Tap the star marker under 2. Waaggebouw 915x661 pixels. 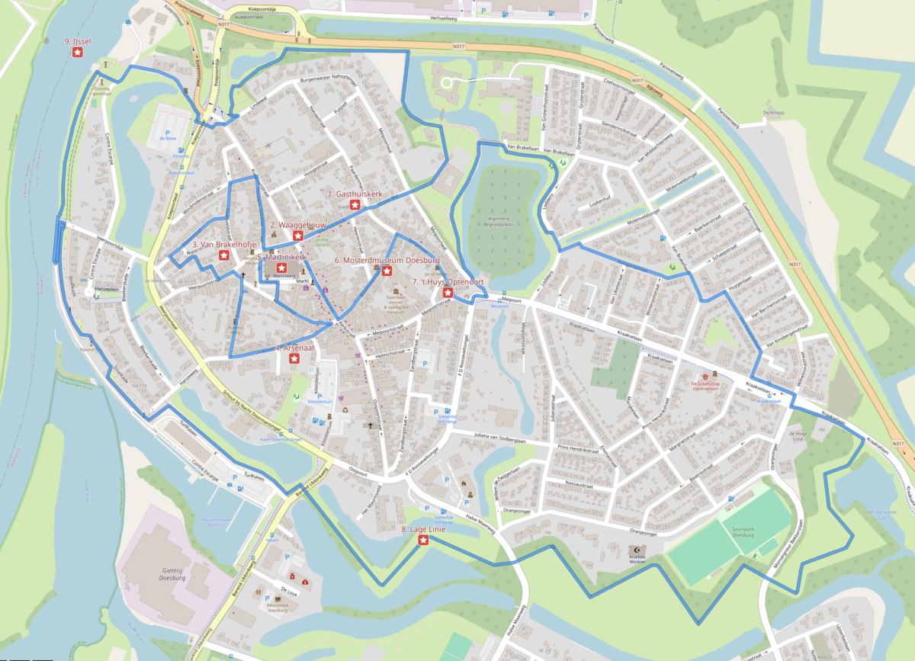(298, 236)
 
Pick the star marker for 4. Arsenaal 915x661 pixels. (294, 359)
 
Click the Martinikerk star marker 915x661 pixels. (281, 268)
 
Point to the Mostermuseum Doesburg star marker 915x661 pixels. (387, 271)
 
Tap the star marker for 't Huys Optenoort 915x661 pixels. (448, 292)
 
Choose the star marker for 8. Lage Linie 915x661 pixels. (423, 540)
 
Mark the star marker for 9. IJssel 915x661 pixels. (77, 52)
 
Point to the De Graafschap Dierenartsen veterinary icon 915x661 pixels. (715, 376)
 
